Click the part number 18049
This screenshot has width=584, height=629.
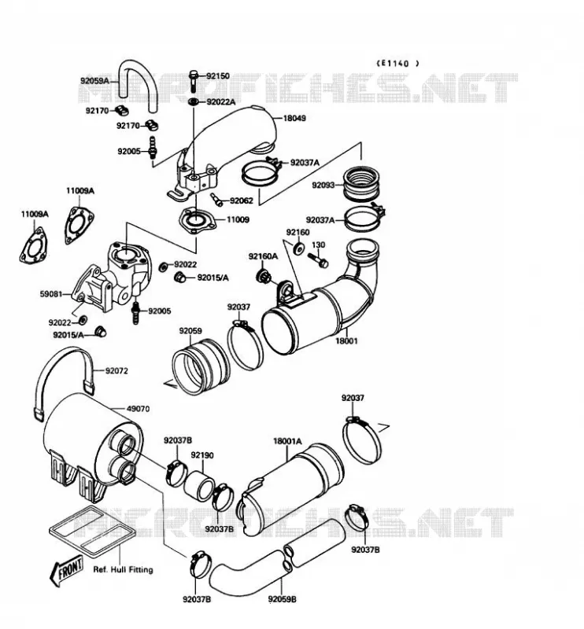294,118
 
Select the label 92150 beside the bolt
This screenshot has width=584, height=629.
218,75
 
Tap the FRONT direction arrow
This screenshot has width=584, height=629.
67,570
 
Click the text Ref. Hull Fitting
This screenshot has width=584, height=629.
123,569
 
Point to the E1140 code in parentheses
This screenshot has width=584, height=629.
398,63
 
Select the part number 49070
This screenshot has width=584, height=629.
138,409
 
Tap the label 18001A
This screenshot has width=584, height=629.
287,441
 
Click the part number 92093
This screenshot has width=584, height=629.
323,185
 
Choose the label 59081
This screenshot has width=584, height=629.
51,294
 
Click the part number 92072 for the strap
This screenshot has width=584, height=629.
116,370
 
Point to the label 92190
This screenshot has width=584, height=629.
202,455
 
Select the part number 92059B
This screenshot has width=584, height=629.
283,599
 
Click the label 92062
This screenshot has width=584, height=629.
242,200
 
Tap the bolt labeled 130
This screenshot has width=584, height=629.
318,259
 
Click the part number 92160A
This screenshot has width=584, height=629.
263,256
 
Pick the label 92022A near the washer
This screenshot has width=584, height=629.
221,102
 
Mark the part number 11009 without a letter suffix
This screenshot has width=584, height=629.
238,219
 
